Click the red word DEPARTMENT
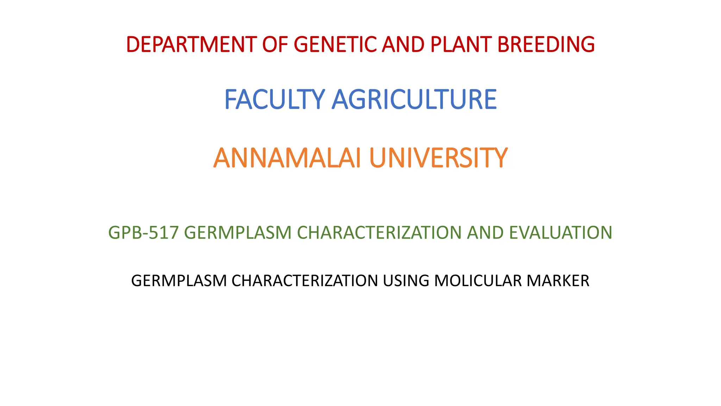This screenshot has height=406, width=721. pos(192,45)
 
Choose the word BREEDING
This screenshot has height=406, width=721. pos(546,45)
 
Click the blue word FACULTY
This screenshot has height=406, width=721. pos(274,100)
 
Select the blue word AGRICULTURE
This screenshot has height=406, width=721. pos(414,100)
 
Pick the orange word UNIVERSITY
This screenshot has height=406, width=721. pos(438,158)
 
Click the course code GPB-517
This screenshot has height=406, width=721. pos(144,233)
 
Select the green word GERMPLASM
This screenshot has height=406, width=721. pos(238,233)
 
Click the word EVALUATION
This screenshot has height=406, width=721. pos(560,233)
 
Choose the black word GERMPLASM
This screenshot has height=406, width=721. pos(179,281)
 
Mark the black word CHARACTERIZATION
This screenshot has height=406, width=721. pos(305,281)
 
